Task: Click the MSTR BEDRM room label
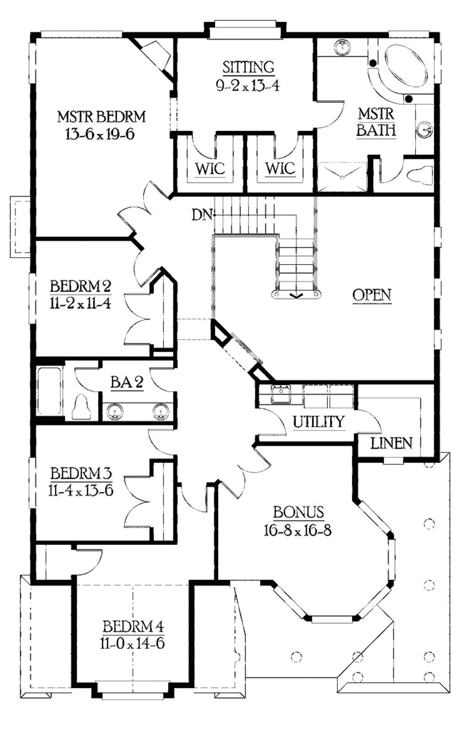[101, 116]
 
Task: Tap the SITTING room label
[248, 67]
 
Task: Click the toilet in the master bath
[420, 175]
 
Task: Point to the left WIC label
[210, 168]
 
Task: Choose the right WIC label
[280, 168]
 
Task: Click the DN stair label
[202, 215]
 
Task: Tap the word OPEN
[372, 295]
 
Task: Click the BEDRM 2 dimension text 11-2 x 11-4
[80, 304]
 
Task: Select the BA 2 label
[127, 382]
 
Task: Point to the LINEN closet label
[391, 443]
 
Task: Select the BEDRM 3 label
[81, 473]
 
